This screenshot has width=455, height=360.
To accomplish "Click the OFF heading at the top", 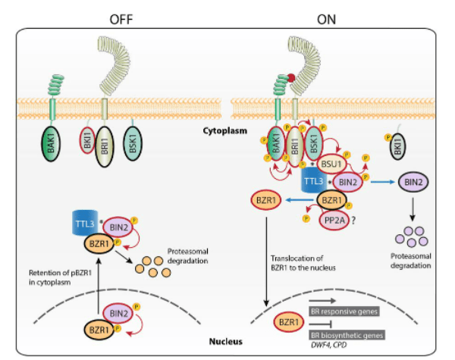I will [123, 17].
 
